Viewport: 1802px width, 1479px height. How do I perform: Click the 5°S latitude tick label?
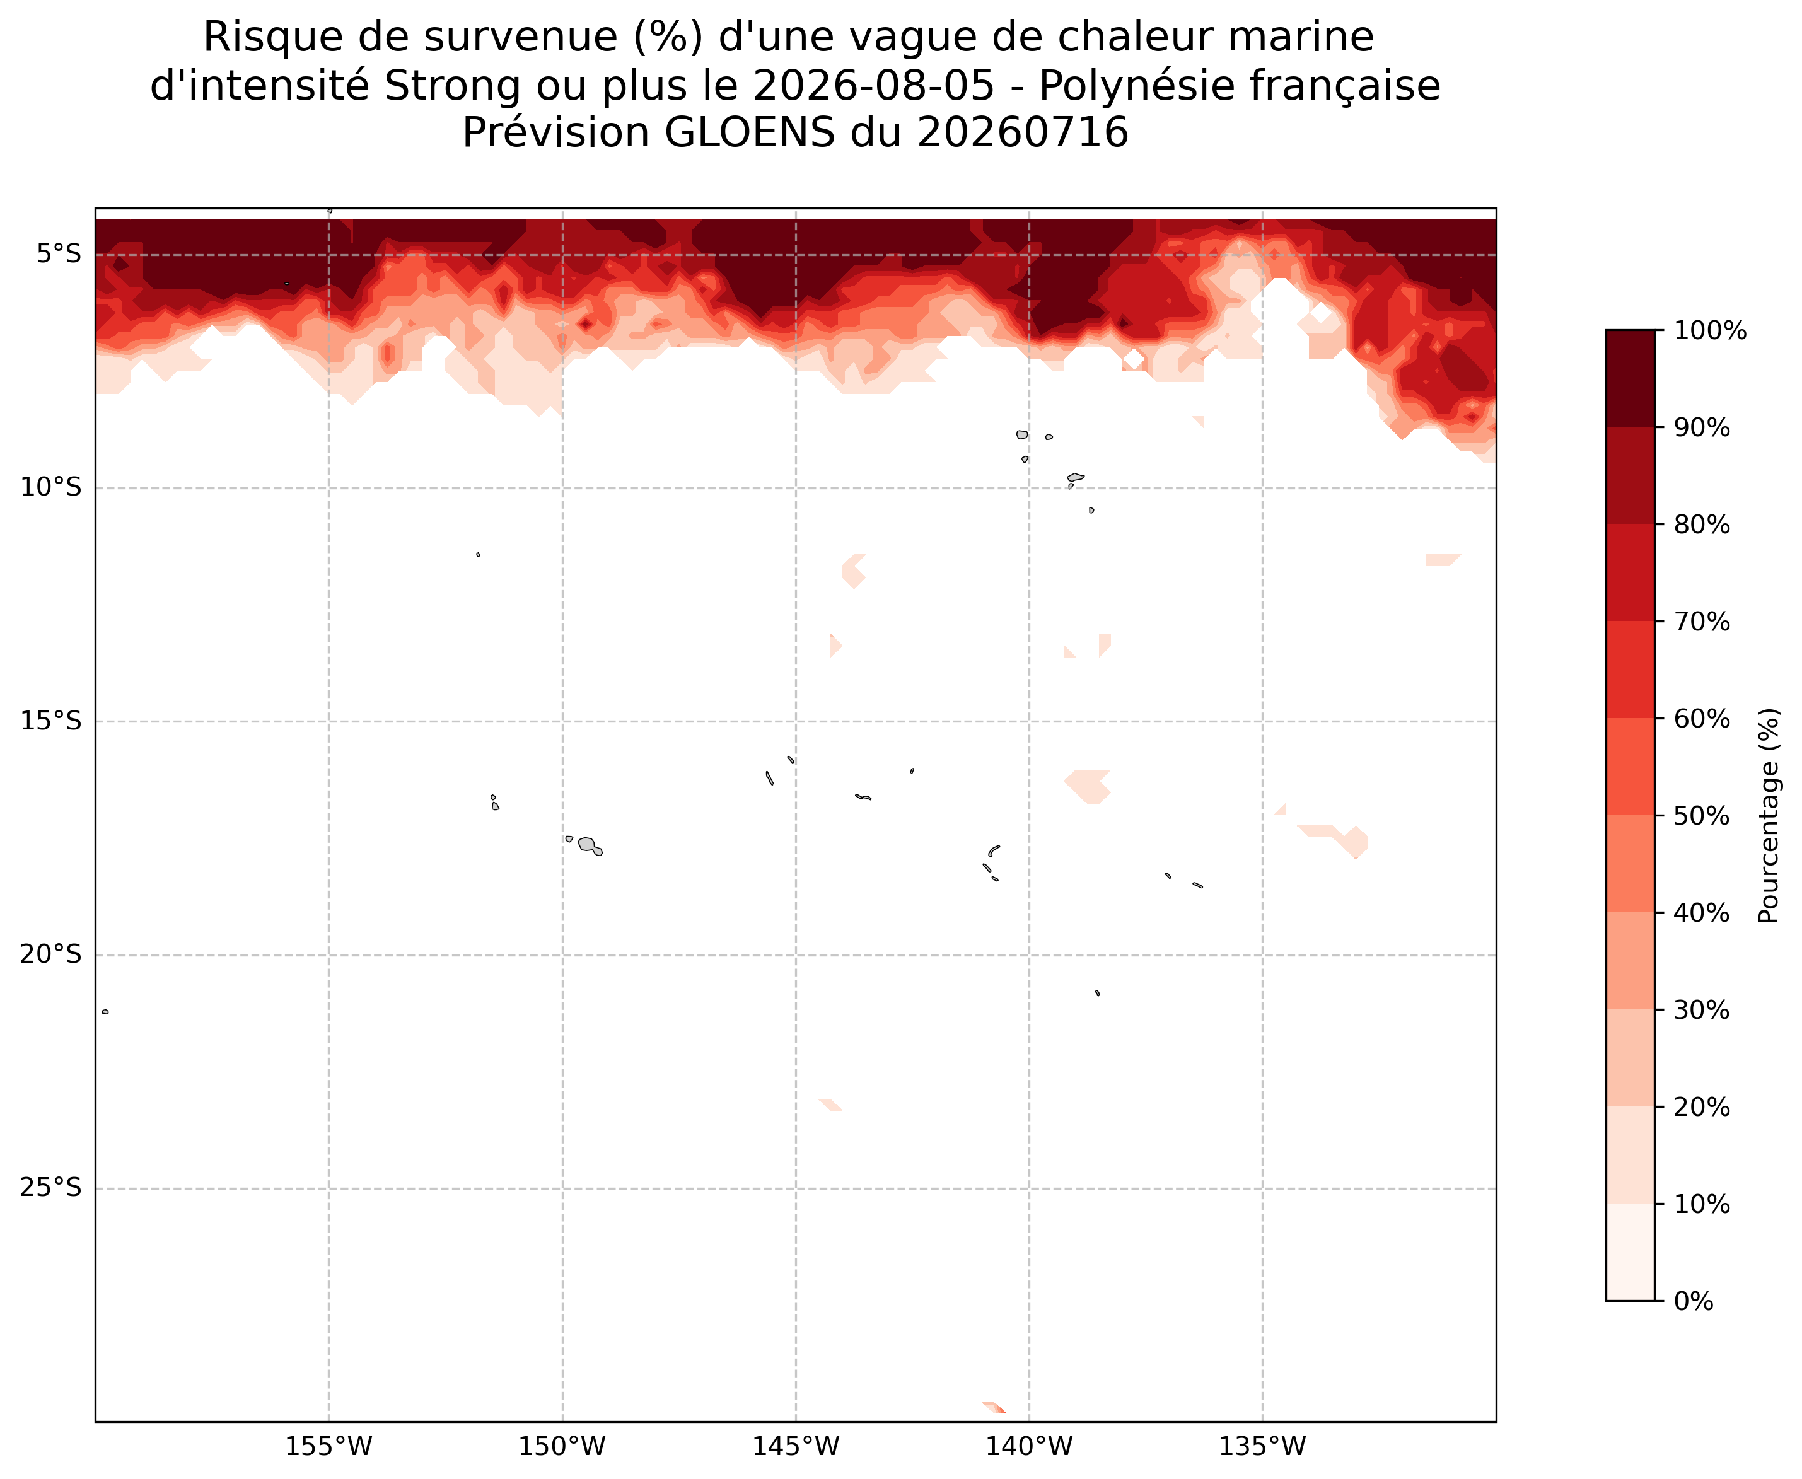pyautogui.click(x=59, y=255)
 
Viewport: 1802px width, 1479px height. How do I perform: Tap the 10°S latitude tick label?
pyautogui.click(x=51, y=488)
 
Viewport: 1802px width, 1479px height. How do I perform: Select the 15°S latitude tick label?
pyautogui.click(x=51, y=722)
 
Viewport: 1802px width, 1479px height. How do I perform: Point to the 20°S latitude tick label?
pyautogui.click(x=51, y=955)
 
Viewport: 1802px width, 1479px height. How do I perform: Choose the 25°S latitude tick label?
pyautogui.click(x=51, y=1188)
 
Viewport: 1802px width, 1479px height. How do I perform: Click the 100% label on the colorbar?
pyautogui.click(x=1710, y=330)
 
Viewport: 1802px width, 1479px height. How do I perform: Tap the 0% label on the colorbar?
pyautogui.click(x=1694, y=1301)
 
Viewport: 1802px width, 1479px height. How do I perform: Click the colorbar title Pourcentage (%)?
pyautogui.click(x=1770, y=815)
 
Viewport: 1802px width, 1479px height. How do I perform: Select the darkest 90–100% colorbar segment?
pyautogui.click(x=1630, y=378)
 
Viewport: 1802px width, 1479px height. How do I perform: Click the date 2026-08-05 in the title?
pyautogui.click(x=874, y=85)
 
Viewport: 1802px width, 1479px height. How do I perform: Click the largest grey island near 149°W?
pyautogui.click(x=588, y=844)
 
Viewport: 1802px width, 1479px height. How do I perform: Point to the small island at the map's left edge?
pyautogui.click(x=105, y=1012)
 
